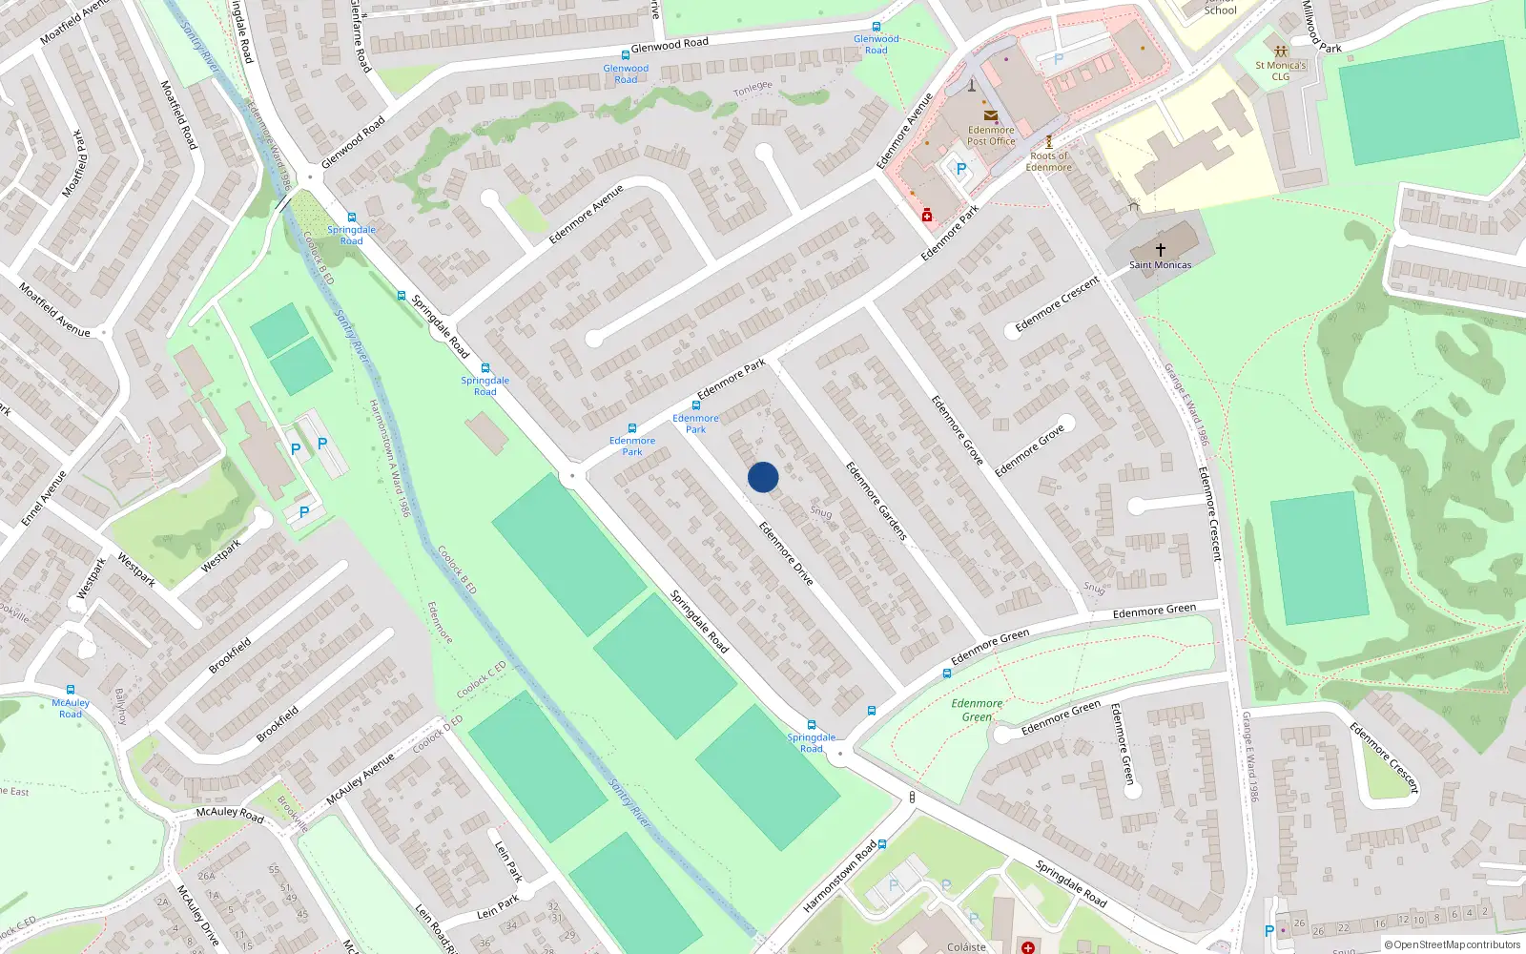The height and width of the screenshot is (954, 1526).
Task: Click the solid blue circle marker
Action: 763,477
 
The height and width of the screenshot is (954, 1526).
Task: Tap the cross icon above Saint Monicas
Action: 1161,249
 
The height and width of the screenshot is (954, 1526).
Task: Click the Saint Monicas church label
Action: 1160,265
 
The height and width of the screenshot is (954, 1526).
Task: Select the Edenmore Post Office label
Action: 991,135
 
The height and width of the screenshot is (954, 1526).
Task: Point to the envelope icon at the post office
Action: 990,115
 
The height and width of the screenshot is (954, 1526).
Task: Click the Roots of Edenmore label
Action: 1048,161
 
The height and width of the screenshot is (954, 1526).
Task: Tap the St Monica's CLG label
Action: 1280,71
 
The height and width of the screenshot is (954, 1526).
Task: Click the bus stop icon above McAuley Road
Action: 71,690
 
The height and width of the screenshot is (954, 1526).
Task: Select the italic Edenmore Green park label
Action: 977,710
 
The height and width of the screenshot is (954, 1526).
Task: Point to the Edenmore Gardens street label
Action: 876,502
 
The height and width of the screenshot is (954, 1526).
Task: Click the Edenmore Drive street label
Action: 786,553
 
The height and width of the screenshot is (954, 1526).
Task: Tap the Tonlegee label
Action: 753,89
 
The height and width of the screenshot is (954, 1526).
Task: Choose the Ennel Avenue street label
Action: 44,498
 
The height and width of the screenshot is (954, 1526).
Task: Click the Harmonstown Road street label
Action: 839,876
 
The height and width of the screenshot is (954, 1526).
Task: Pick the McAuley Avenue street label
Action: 360,780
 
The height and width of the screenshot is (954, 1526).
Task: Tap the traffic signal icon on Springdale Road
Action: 912,797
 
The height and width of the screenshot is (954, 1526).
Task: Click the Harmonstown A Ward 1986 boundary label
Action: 390,458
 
